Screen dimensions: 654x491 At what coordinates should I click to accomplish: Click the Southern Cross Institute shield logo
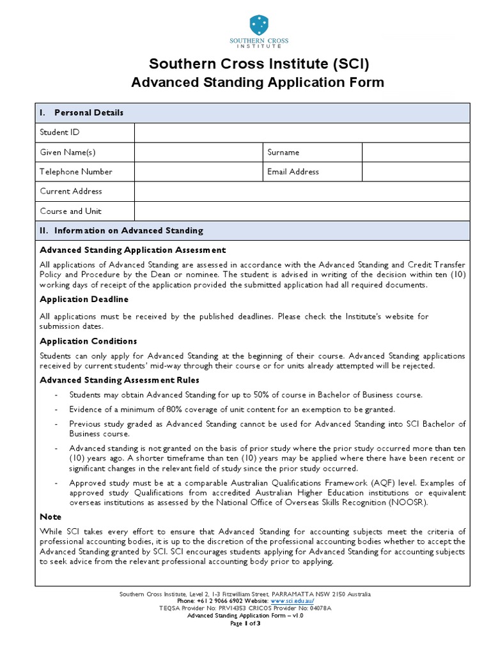(259, 25)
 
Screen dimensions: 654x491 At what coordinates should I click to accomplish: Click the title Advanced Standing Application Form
(258, 82)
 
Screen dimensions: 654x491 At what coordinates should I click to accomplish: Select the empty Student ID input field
(302, 132)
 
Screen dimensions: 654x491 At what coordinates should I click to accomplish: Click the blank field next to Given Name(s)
(198, 152)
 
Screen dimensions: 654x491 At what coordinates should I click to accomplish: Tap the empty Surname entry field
(416, 152)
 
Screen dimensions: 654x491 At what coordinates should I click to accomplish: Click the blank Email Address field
(416, 172)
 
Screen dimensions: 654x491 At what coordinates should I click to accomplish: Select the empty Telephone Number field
(198, 172)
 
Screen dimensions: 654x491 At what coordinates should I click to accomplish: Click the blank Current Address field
(302, 191)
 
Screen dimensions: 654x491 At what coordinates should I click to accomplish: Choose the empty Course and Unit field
(302, 211)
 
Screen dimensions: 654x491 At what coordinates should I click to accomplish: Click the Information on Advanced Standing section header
(129, 231)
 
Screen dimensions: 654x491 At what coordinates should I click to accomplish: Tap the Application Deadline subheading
(84, 299)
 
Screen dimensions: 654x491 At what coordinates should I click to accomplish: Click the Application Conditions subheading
(88, 341)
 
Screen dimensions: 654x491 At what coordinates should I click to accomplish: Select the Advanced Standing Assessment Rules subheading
(120, 380)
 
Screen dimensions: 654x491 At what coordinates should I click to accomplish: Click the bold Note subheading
(51, 517)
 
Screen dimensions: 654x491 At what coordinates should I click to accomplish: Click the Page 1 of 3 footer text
(245, 623)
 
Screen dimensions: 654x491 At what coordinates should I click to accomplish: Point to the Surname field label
(283, 153)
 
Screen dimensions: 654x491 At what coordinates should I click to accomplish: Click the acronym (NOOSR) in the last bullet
(404, 503)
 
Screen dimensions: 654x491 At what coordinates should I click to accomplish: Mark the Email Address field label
(293, 172)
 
